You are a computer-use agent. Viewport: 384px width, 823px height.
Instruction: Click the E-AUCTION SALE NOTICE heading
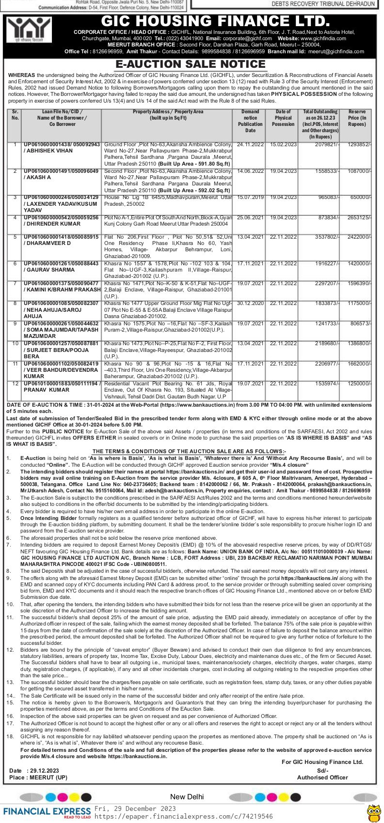[191, 64]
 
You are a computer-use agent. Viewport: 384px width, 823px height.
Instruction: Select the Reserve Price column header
[357, 118]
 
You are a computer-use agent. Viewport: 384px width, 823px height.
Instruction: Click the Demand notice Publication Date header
[250, 121]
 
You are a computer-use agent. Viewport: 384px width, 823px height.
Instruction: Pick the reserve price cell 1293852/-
[356, 145]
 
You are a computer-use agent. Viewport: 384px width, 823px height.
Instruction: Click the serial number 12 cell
[15, 384]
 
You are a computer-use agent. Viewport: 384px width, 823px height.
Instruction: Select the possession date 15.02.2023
[283, 145]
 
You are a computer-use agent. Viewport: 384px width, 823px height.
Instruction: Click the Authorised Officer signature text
[322, 777]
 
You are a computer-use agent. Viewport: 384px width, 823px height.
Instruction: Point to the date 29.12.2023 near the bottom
[44, 771]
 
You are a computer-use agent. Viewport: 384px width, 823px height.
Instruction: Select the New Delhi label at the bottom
[187, 797]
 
